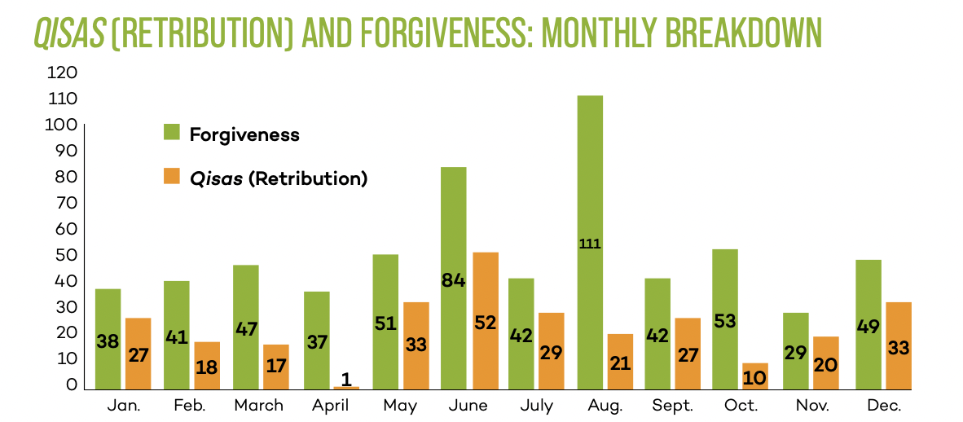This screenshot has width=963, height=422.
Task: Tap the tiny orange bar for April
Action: pos(346,388)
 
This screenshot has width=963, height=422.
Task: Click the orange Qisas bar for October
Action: pos(755,376)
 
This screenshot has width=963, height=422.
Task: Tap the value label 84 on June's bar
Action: pos(453,280)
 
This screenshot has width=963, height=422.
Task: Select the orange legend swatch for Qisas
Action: pos(171,176)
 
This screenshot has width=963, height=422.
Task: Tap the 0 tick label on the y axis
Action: pos(72,385)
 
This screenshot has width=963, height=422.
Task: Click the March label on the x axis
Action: pos(258,405)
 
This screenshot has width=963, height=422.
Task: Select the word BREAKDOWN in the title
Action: pos(737,33)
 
